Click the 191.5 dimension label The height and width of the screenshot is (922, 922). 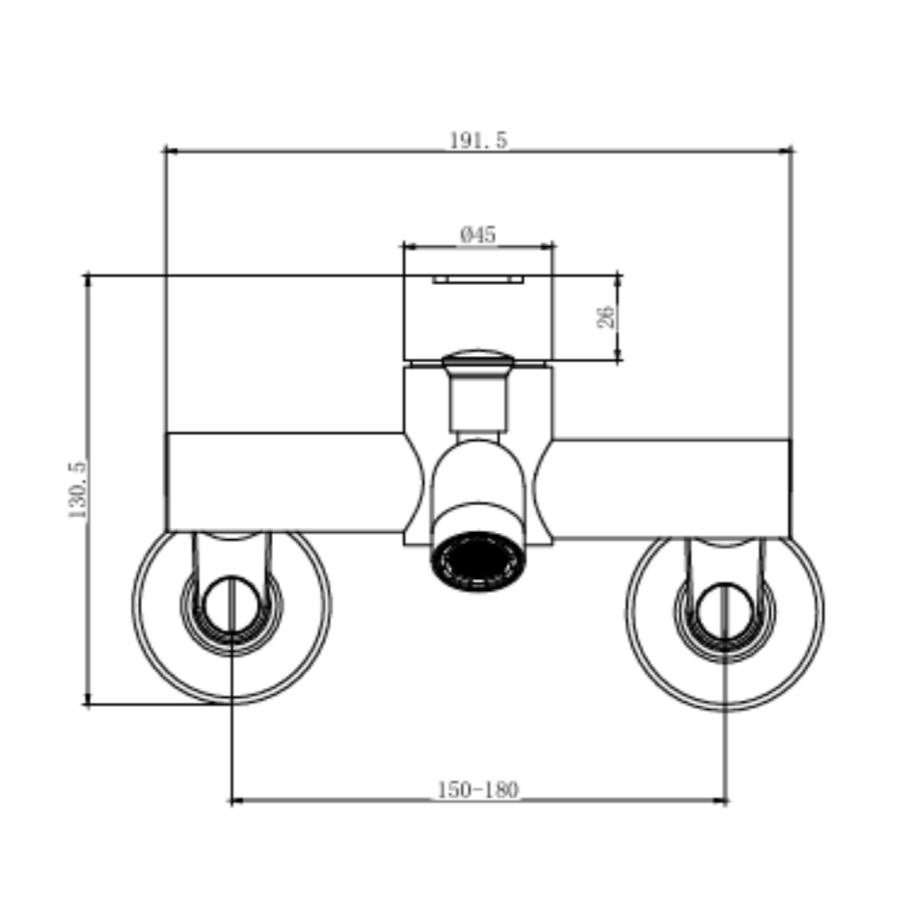click(478, 140)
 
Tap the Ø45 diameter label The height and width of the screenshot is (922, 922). click(478, 234)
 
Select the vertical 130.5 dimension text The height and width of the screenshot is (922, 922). click(77, 490)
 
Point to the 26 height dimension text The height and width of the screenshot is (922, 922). click(607, 316)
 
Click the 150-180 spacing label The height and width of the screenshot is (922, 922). click(478, 789)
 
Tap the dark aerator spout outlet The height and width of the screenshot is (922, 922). click(478, 562)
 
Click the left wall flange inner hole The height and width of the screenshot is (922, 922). click(231, 606)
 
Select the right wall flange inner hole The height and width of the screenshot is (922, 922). click(725, 612)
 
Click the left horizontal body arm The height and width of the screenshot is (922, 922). click(285, 482)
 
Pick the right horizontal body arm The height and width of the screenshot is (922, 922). click(671, 488)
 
